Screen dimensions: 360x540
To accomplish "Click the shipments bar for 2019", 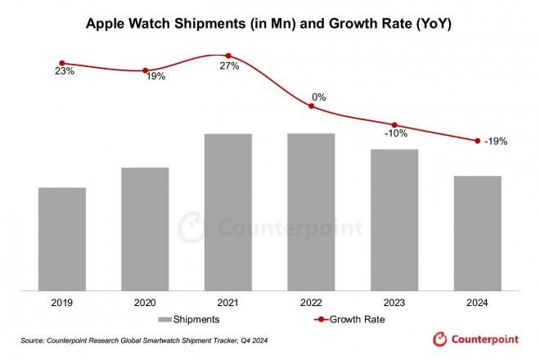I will coord(62,238).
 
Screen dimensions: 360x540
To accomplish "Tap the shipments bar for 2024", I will coord(477,232).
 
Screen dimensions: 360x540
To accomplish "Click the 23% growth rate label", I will coord(65,72).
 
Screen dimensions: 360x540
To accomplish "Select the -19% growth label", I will coord(495,141).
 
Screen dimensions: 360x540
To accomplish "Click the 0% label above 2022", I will coord(318,97).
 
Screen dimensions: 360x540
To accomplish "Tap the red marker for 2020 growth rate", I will coord(146,70).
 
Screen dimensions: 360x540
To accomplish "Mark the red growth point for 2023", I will coord(395,124).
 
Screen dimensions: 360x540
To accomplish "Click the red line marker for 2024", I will coord(477,141).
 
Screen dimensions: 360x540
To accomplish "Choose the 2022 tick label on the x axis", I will coord(311,303).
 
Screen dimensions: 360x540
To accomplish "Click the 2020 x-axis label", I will coord(145,303).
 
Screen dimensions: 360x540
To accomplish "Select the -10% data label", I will coord(396,134).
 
